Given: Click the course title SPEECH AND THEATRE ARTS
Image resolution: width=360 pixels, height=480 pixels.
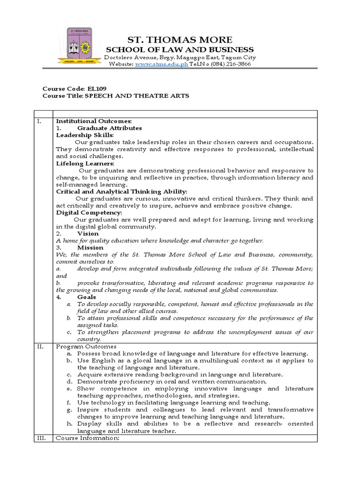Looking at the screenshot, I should [136, 95].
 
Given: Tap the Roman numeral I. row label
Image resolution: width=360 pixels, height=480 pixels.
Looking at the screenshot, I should [39, 121].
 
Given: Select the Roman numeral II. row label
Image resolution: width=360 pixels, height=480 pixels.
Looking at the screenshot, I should [40, 346].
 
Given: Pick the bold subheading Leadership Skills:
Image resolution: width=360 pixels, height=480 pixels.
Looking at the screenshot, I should [85, 135].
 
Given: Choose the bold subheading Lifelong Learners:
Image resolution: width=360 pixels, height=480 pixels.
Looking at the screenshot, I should [85, 163].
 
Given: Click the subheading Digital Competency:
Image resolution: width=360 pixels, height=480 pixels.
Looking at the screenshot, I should [89, 212].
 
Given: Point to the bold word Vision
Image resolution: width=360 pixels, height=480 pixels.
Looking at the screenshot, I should [88, 233].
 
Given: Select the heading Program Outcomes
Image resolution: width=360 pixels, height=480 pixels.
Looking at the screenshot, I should [83, 346].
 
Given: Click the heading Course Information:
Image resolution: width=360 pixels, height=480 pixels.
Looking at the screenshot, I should [88, 438].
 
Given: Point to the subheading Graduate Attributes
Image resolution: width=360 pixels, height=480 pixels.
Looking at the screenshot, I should [109, 128].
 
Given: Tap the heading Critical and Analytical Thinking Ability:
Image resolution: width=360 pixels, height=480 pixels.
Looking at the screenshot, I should [121, 191].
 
